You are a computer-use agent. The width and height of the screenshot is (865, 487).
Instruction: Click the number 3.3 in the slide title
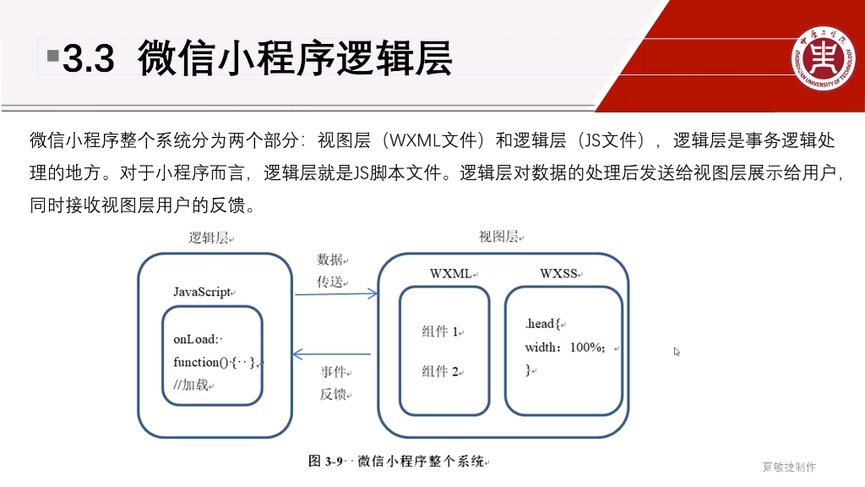(x=89, y=60)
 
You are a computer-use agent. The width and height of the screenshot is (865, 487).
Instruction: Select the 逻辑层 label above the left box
(x=209, y=238)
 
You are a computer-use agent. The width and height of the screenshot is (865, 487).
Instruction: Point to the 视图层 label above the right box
(x=498, y=237)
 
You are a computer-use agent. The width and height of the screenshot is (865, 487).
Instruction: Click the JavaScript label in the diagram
(x=202, y=293)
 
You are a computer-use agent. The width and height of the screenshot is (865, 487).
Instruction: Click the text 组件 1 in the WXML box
(x=440, y=332)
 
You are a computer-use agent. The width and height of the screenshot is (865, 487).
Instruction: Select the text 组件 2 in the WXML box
(x=440, y=371)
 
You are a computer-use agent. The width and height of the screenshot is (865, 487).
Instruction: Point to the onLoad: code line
(x=196, y=340)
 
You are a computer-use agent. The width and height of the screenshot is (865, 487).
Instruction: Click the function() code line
(x=216, y=362)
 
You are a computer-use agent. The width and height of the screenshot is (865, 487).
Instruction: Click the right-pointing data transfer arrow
(x=335, y=294)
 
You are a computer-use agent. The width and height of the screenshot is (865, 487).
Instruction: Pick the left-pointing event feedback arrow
(x=332, y=354)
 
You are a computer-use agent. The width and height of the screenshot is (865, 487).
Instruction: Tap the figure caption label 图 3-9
(x=325, y=462)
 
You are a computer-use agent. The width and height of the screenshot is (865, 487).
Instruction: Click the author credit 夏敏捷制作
(x=789, y=467)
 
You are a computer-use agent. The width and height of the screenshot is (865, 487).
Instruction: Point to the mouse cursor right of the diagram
(x=677, y=352)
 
